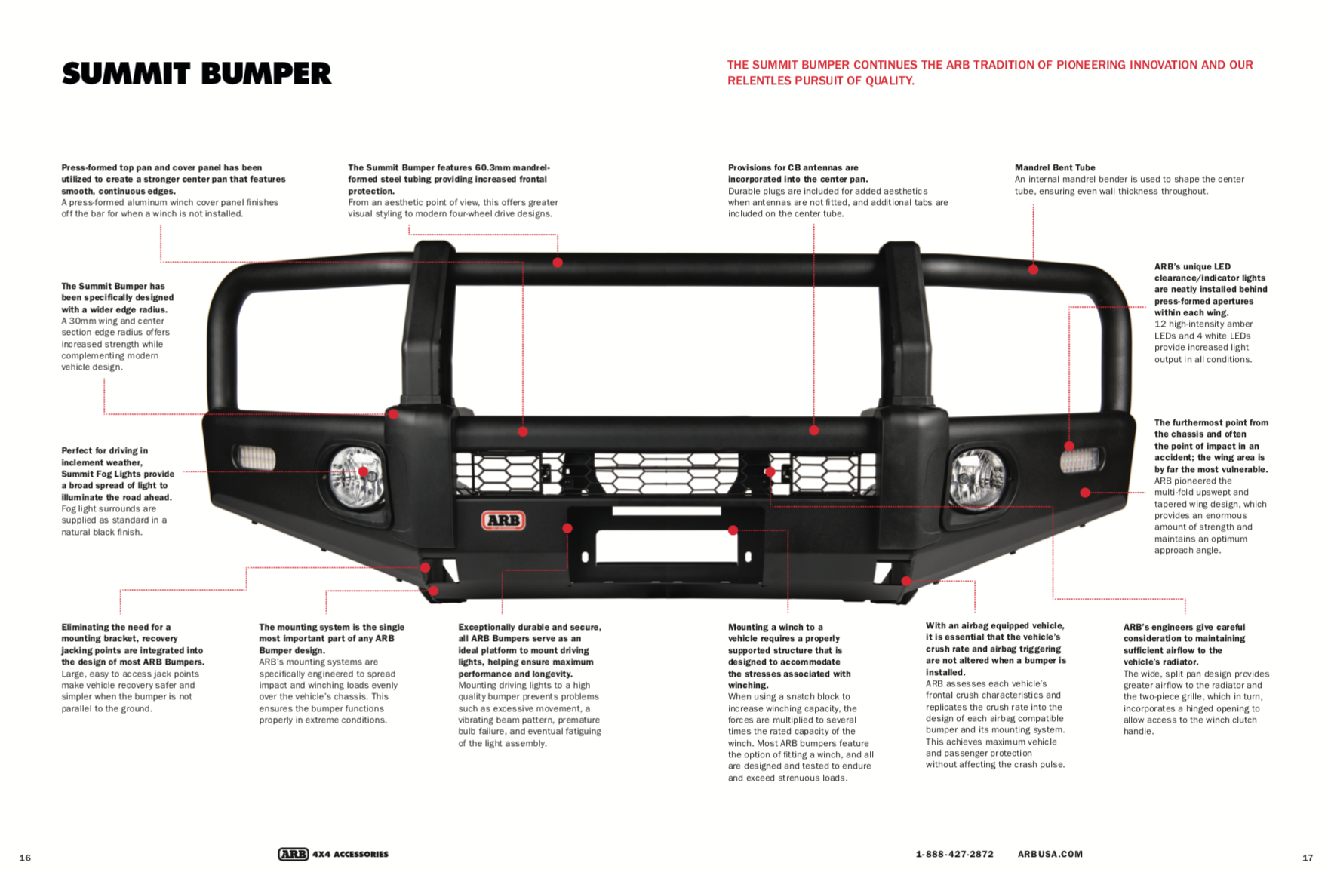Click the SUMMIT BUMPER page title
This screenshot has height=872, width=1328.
pyautogui.click(x=196, y=74)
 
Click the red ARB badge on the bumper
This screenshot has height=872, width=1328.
pyautogui.click(x=503, y=520)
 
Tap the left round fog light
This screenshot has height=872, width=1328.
pyautogui.click(x=356, y=477)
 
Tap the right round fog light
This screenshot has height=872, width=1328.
pyautogui.click(x=976, y=479)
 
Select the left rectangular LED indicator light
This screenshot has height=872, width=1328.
pyautogui.click(x=255, y=457)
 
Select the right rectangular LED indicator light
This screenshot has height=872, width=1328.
pyautogui.click(x=1081, y=459)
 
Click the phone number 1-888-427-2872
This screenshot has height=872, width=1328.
pyautogui.click(x=954, y=854)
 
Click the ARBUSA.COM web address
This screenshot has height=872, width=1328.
pyautogui.click(x=1050, y=854)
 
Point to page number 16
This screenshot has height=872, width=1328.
pyautogui.click(x=25, y=858)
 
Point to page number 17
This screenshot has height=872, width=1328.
pyautogui.click(x=1308, y=858)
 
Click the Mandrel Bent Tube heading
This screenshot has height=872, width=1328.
pyautogui.click(x=1054, y=167)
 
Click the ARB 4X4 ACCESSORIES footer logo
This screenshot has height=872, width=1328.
pyautogui.click(x=333, y=854)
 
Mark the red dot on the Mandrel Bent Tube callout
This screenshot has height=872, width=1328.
pyautogui.click(x=1033, y=269)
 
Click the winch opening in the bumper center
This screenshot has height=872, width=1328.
pyautogui.click(x=666, y=545)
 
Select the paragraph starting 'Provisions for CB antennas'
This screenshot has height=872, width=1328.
pyautogui.click(x=838, y=191)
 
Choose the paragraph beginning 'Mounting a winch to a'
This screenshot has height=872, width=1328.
pyautogui.click(x=800, y=702)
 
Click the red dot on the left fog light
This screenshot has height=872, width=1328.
pyautogui.click(x=363, y=471)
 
